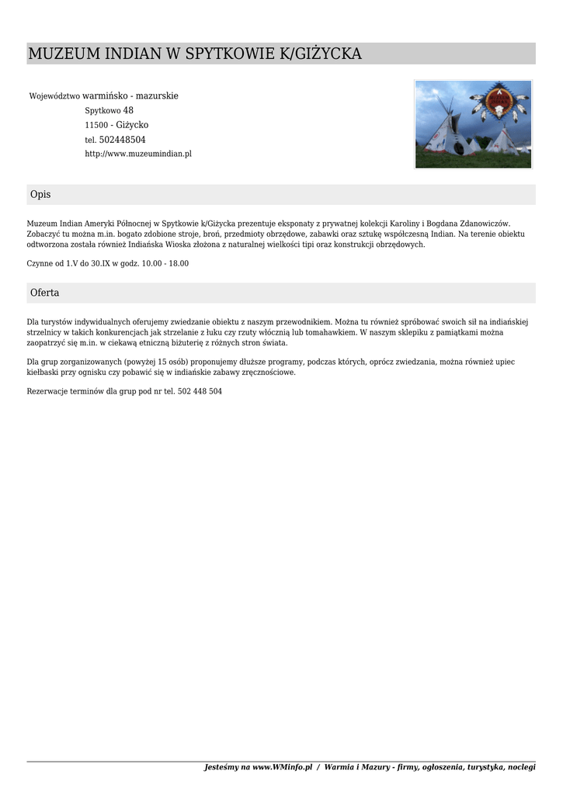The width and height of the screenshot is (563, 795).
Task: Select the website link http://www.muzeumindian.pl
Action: click(x=138, y=154)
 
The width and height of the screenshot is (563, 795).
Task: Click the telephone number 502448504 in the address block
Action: click(x=122, y=140)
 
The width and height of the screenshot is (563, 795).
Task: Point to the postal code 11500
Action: click(x=96, y=125)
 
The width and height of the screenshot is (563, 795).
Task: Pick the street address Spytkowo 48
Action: click(x=109, y=111)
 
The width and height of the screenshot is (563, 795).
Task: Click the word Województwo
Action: click(x=54, y=96)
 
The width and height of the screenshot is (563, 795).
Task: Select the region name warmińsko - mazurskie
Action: click(x=130, y=96)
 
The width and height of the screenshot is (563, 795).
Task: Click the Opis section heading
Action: click(x=40, y=194)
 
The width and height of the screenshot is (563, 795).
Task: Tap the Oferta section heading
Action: click(x=44, y=293)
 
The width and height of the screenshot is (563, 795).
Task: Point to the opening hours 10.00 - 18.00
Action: click(x=165, y=263)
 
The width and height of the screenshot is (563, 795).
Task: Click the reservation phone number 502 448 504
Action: click(x=200, y=391)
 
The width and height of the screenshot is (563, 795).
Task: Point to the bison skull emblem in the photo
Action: click(x=500, y=109)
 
